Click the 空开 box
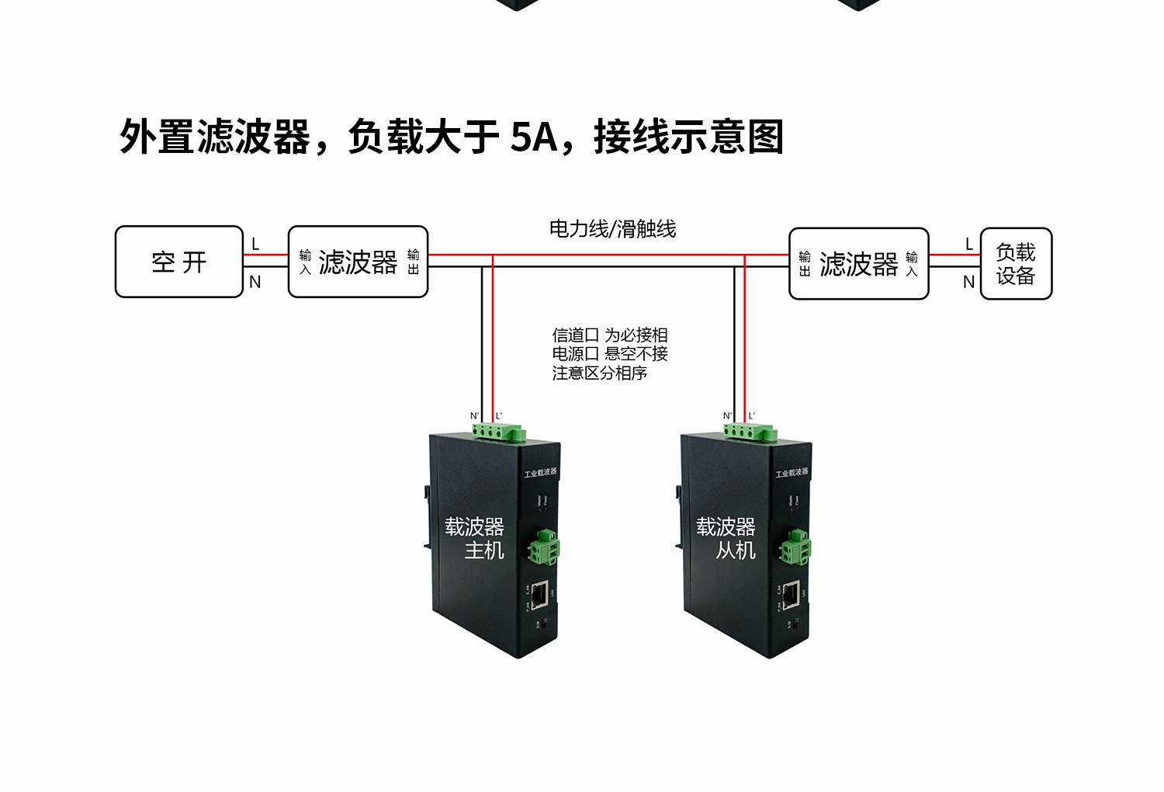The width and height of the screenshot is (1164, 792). [179, 262]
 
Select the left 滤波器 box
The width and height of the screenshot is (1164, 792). [358, 262]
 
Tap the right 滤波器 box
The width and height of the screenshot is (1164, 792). [858, 263]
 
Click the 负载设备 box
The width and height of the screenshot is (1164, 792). [1016, 263]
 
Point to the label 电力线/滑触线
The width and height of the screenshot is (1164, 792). [612, 228]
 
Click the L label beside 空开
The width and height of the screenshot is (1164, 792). [255, 245]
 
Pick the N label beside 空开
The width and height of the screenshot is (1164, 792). [255, 283]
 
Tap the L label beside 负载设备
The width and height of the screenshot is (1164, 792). [969, 245]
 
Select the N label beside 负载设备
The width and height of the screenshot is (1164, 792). [969, 283]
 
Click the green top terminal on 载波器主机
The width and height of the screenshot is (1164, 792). [499, 432]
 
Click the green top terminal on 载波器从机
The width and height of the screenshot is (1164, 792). [750, 432]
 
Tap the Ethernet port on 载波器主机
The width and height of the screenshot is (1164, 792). [539, 594]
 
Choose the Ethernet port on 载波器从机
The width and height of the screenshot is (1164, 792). [791, 595]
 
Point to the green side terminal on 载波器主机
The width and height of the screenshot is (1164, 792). [544, 545]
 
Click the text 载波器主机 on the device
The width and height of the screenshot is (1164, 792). [475, 538]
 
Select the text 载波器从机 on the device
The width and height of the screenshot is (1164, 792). [726, 538]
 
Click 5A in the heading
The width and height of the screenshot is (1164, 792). [534, 137]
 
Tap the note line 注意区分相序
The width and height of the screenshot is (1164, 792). [599, 373]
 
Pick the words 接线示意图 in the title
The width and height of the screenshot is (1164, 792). [688, 137]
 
